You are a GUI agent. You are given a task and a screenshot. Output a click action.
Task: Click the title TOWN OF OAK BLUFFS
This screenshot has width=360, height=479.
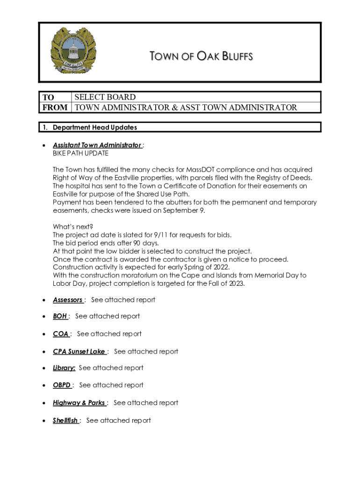(x=201, y=57)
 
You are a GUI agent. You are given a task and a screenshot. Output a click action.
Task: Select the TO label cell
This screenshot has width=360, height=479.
(x=49, y=97)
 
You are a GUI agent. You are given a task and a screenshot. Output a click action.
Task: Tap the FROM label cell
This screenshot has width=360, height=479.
(x=55, y=108)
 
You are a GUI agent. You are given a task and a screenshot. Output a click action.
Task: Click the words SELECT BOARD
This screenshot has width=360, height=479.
(x=105, y=97)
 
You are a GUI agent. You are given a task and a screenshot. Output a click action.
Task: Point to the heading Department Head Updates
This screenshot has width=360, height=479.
(x=95, y=127)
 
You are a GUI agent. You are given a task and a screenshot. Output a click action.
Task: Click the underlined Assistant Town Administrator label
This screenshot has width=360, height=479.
(x=97, y=145)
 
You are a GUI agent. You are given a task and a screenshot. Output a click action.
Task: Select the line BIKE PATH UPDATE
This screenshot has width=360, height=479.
(x=80, y=153)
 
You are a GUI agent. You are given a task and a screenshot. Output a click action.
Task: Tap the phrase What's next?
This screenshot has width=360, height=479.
(x=72, y=227)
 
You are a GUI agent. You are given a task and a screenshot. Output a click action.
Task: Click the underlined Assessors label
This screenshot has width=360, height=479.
(x=68, y=300)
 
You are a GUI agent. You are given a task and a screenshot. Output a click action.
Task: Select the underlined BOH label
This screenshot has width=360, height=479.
(x=60, y=316)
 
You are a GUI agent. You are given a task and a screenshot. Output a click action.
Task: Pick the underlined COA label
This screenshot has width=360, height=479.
(x=61, y=334)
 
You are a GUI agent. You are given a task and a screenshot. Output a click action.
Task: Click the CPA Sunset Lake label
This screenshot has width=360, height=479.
(x=79, y=351)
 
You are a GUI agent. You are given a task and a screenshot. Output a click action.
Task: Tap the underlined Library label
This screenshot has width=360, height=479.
(x=64, y=368)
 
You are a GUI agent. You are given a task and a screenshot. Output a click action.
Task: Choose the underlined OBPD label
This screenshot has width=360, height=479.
(x=62, y=385)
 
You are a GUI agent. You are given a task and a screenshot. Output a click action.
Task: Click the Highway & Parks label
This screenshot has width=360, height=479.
(x=79, y=403)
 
